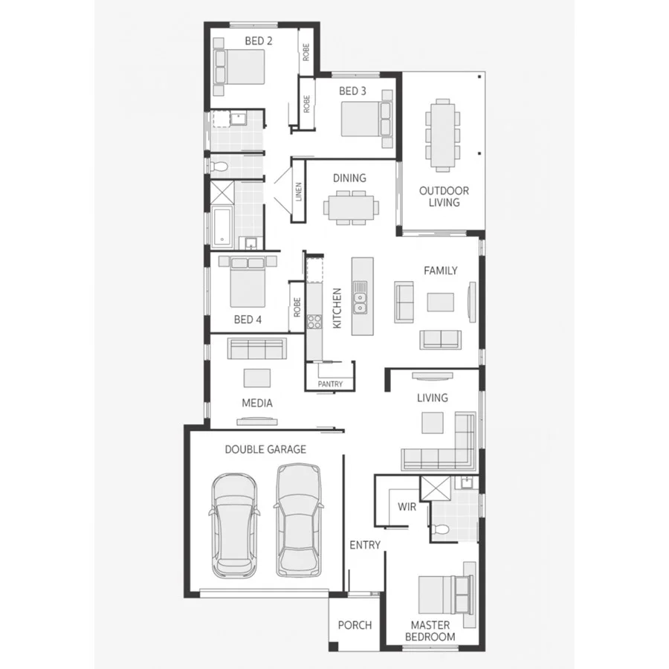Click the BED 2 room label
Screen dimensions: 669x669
pos(258,41)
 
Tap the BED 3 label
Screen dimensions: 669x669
pos(352,91)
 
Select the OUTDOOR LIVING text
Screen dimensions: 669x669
pos(444,196)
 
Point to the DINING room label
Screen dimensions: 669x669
pos(349,178)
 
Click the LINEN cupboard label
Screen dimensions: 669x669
pos(299,192)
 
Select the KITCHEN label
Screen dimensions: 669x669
pos(337,308)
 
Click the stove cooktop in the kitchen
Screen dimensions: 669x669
pos(314,322)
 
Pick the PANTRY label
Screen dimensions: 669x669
pos(330,384)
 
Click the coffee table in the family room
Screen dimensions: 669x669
pos(440,301)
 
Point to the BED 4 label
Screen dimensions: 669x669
pos(248,320)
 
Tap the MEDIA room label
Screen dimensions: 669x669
pos(256,403)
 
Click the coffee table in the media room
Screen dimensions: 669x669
pos(258,377)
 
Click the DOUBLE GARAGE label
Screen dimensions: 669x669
pos(265,449)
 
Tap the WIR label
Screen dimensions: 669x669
pos(407,506)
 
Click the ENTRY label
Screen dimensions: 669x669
pos(365,545)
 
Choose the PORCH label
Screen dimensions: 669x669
pos(355,625)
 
